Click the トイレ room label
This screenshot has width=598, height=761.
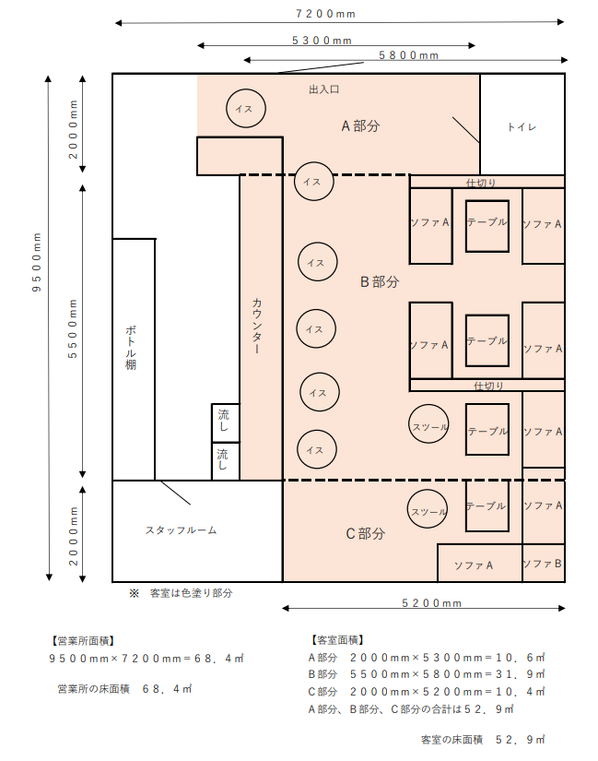pyautogui.click(x=522, y=126)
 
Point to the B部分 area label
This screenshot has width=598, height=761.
pyautogui.click(x=380, y=282)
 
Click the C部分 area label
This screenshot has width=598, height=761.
pyautogui.click(x=365, y=534)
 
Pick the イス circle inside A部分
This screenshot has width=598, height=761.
pyautogui.click(x=245, y=109)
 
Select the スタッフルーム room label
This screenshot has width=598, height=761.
pyautogui.click(x=181, y=530)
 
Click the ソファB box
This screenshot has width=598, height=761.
pyautogui.click(x=543, y=564)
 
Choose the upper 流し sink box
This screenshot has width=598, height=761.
pyautogui.click(x=225, y=422)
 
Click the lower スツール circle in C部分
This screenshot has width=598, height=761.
pyautogui.click(x=428, y=511)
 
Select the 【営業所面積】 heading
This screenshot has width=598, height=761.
pyautogui.click(x=83, y=639)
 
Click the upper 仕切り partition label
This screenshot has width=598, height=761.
pyautogui.click(x=484, y=183)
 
